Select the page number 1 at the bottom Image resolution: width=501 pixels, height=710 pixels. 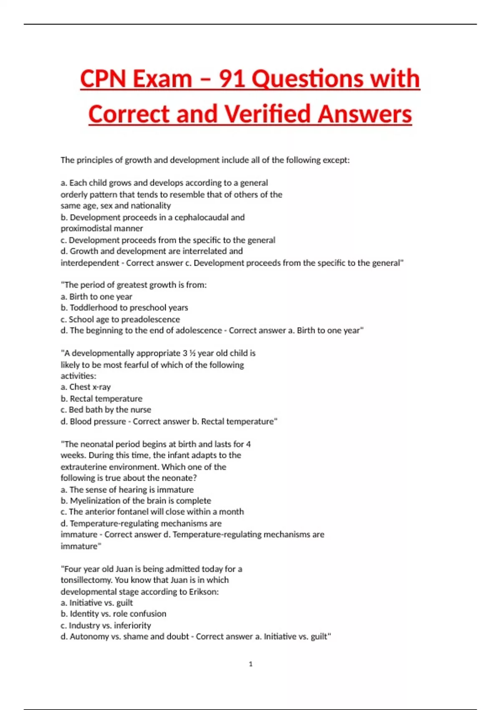(250, 664)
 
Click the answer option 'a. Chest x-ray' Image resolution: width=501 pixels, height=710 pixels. (86, 387)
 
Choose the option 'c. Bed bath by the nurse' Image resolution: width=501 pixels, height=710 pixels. (106, 410)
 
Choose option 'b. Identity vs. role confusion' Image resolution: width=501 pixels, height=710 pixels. (113, 614)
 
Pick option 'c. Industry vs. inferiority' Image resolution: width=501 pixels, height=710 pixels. (106, 626)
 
